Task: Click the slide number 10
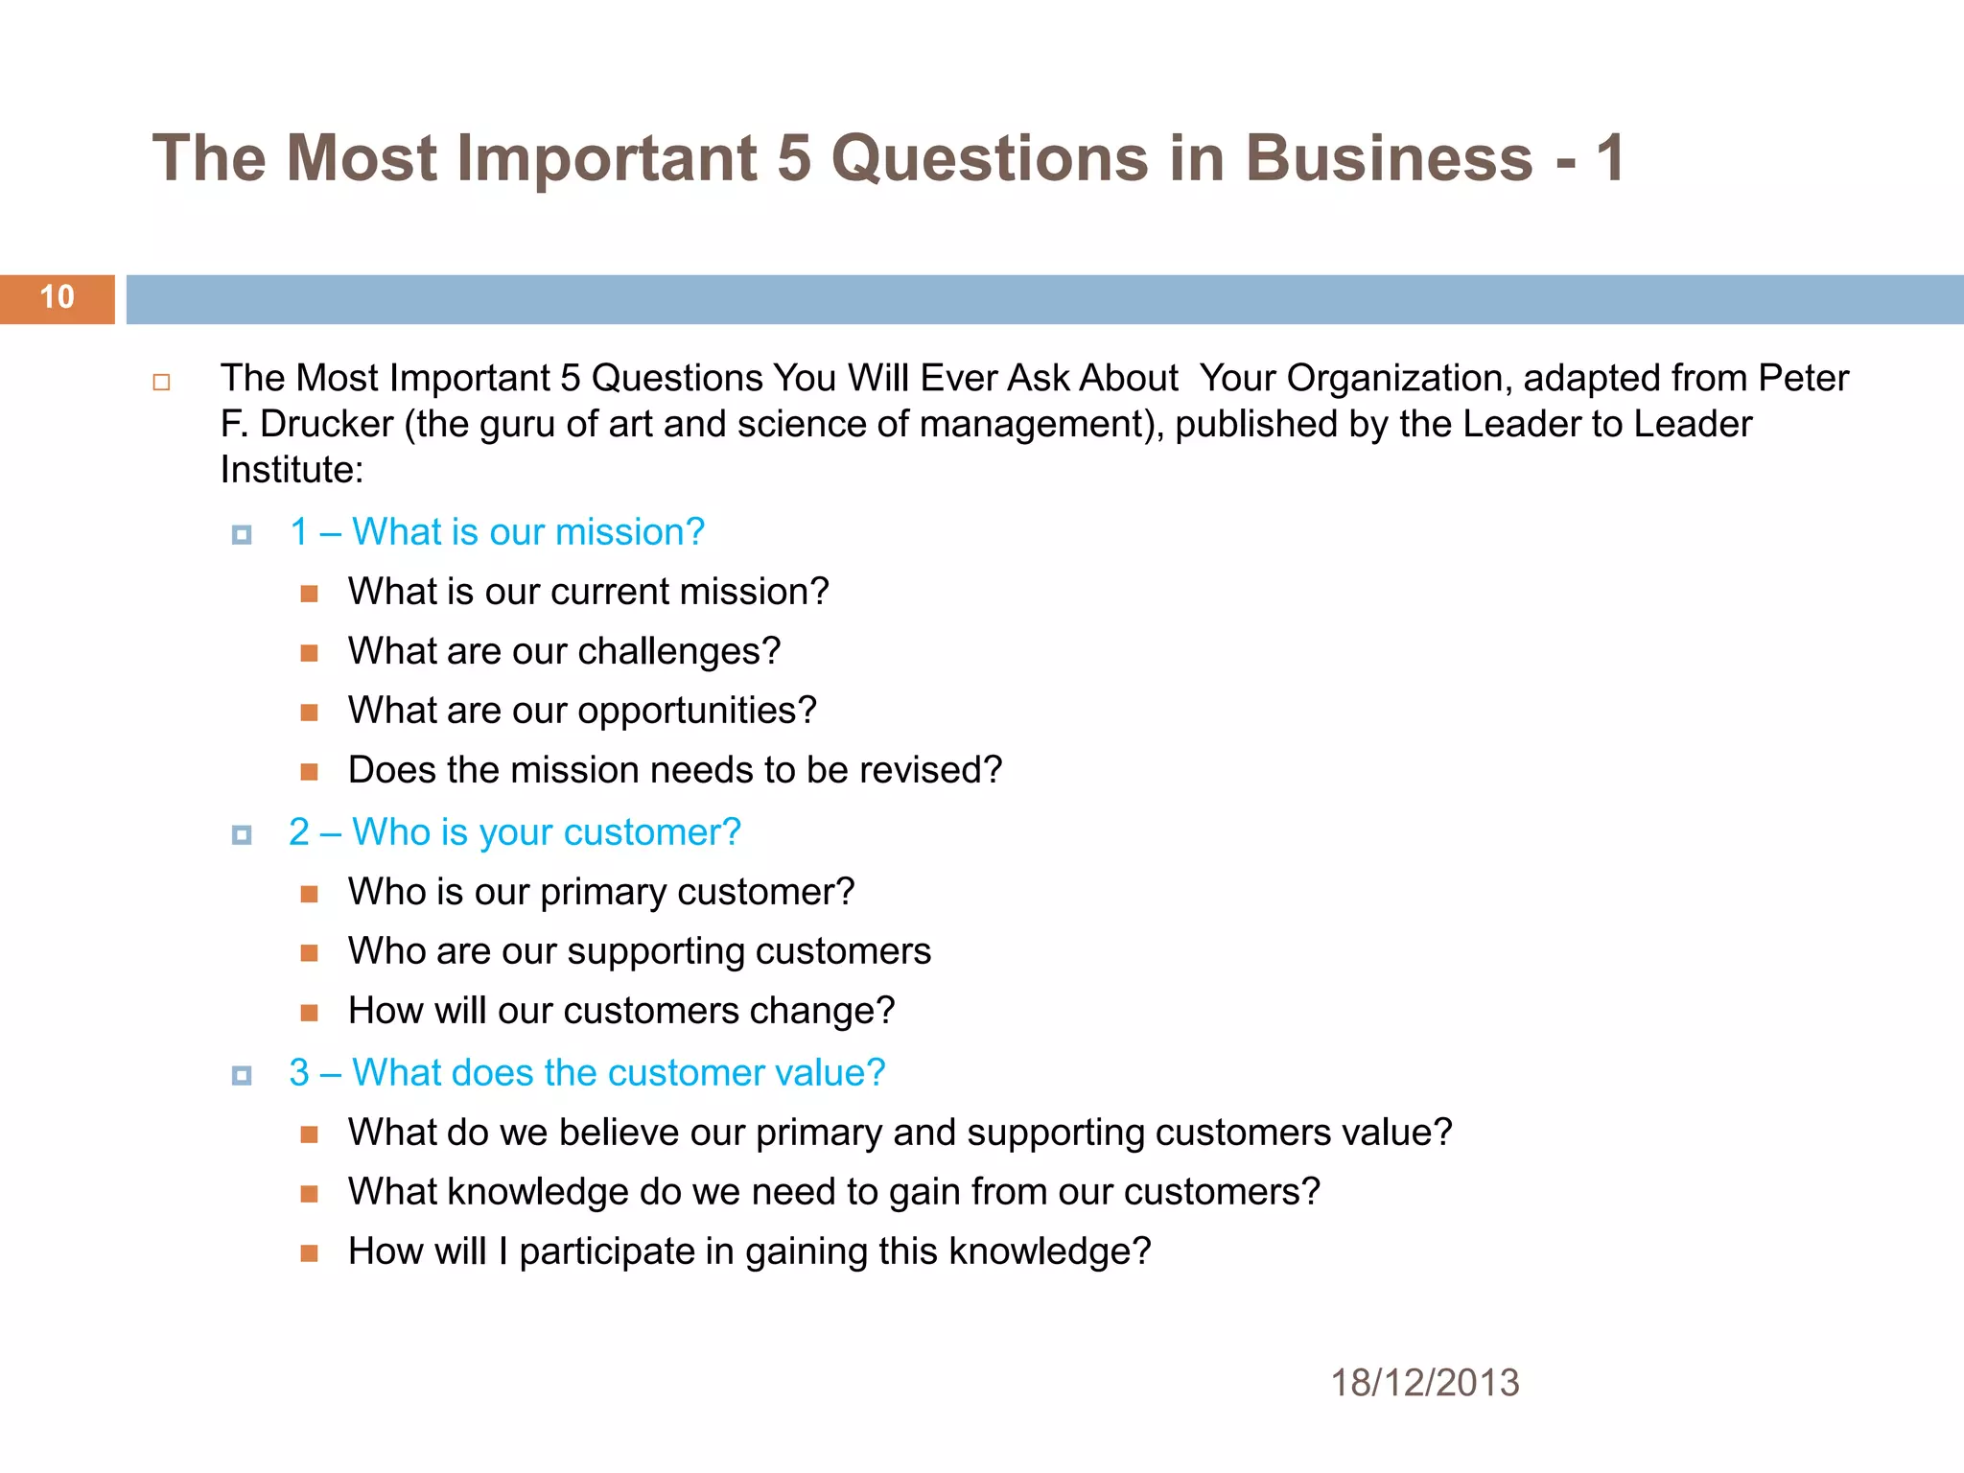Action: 58,297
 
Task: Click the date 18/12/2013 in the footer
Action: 1424,1383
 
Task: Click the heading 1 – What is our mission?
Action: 497,532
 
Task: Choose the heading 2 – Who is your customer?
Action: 515,832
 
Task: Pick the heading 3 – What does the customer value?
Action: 587,1072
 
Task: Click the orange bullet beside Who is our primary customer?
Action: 309,894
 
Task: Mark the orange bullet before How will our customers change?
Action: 309,1013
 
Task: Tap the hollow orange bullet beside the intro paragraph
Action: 161,383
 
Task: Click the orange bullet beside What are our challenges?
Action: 309,653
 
